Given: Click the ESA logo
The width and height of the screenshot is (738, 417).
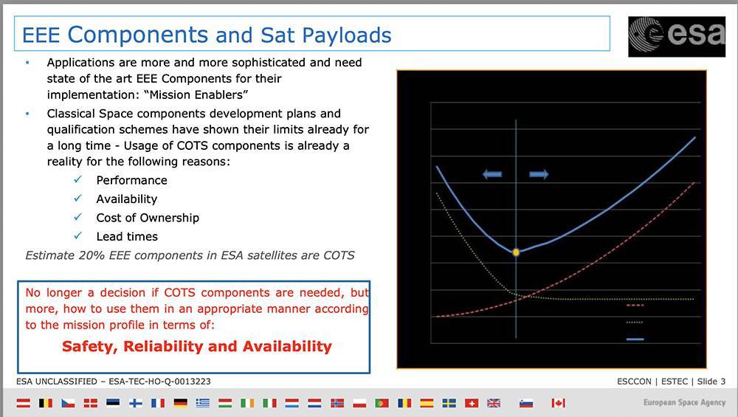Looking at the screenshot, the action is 677,37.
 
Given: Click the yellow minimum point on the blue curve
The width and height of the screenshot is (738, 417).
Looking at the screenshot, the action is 516,252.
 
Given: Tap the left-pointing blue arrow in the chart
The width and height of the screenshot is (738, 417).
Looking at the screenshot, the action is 492,175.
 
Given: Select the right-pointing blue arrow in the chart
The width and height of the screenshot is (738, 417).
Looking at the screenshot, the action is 539,175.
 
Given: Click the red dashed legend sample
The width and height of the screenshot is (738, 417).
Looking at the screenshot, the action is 635,306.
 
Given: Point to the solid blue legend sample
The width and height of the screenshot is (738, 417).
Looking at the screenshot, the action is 635,339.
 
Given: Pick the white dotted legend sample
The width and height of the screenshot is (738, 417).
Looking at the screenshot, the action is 635,323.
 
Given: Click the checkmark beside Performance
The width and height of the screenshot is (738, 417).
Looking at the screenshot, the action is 78,179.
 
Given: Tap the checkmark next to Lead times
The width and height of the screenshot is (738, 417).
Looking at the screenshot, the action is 78,235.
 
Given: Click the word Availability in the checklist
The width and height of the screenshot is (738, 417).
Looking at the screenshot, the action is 127,199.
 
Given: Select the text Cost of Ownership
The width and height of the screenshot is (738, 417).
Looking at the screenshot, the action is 148,218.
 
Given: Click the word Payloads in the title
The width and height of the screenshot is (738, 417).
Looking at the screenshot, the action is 347,35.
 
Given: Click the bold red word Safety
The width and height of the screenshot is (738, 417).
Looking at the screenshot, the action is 90,347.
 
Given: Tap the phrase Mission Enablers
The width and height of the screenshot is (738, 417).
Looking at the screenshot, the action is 196,94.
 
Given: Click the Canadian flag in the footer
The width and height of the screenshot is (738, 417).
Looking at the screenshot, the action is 558,403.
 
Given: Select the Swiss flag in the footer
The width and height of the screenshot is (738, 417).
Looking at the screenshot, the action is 471,403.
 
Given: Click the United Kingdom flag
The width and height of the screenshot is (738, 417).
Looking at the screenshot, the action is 494,403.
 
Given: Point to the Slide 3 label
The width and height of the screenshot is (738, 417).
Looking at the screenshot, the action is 711,382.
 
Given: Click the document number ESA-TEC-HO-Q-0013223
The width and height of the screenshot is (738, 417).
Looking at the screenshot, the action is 159,382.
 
